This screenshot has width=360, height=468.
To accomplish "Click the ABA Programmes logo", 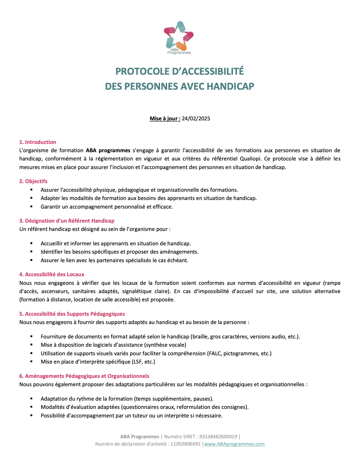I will (179, 38).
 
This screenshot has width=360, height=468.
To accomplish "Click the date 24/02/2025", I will (196, 119).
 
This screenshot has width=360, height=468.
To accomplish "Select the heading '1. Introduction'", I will (38, 142).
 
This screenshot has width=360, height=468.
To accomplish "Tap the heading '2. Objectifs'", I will (33, 181).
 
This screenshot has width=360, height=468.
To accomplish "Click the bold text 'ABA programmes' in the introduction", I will (108, 150).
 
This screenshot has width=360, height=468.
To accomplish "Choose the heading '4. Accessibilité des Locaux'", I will (51, 274).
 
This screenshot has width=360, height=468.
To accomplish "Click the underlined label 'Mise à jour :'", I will (165, 119).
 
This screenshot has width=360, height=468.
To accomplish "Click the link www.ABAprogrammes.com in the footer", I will (234, 444).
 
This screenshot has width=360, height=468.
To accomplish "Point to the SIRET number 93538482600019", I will (218, 437).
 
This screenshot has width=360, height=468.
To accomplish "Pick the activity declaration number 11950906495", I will (185, 444).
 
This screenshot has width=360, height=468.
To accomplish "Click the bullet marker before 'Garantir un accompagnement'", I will (31, 207).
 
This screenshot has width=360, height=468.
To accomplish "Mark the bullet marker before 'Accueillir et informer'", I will (31, 243).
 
